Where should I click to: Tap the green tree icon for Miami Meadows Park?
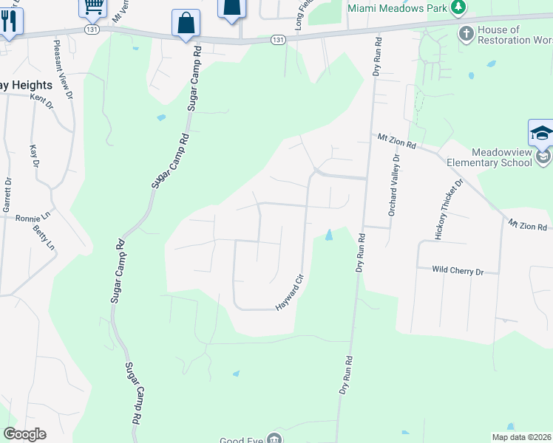458,7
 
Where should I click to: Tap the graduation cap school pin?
541,134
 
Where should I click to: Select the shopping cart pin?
93,7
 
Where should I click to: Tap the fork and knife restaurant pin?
9,21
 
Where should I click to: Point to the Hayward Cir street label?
290,292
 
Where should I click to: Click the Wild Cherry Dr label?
458,272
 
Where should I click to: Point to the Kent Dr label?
41,101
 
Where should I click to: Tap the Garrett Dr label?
8,195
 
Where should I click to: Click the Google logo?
25,434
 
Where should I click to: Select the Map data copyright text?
521,437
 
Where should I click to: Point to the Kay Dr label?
33,157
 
